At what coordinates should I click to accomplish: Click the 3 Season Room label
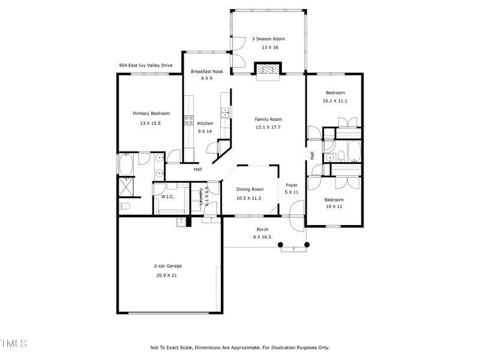point(268,39)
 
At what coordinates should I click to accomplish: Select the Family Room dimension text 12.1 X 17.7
point(268,127)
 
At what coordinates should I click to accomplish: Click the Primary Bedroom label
point(151,113)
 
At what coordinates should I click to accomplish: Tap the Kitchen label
point(205,124)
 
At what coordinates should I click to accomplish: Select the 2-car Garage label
point(167,266)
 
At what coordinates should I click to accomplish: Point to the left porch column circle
point(280,244)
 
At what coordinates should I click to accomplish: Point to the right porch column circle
point(307,244)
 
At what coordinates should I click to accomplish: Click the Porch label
point(262,229)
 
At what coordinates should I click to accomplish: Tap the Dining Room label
point(249,190)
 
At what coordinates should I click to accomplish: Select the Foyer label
point(292,185)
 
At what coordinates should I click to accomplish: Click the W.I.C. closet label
point(167,197)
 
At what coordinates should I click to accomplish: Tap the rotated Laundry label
point(201,196)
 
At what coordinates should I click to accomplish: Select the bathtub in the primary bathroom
point(126,163)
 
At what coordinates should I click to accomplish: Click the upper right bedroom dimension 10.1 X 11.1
point(335,101)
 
